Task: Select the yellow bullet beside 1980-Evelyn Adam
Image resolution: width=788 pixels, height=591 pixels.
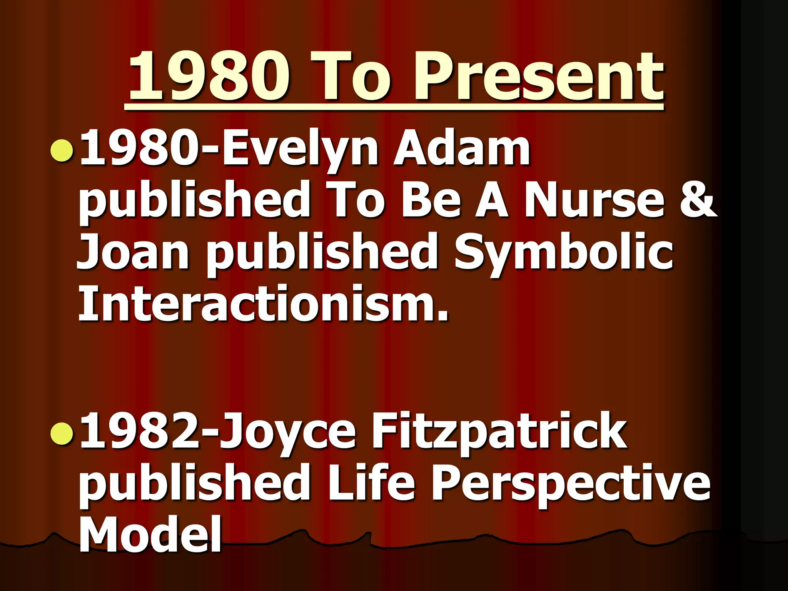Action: [x=62, y=150]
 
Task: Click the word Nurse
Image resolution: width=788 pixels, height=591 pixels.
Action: [x=594, y=200]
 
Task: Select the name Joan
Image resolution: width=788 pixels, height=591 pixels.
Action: [x=133, y=252]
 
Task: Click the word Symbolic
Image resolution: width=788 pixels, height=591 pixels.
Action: [x=564, y=252]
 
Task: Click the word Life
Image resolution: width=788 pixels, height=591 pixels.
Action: [x=371, y=483]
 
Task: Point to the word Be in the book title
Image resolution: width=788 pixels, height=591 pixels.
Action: [x=431, y=200]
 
